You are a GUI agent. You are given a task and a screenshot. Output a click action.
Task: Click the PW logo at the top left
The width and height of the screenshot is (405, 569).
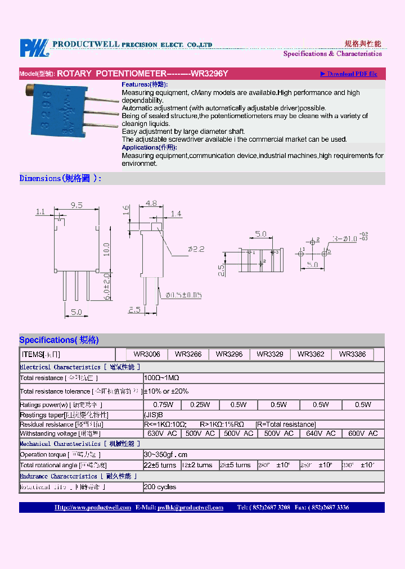coord(35,48)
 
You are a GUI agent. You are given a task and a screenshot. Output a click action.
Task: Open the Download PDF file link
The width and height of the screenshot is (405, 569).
coord(349,74)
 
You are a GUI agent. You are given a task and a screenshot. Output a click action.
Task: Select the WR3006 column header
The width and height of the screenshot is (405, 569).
coord(147,354)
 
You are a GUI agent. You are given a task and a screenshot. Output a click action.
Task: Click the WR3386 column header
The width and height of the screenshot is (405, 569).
coord(352,354)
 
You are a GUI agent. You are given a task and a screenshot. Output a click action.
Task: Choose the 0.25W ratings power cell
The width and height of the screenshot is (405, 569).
coord(200,404)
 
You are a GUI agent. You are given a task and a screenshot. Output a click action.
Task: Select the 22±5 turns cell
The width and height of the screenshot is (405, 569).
coord(161,465)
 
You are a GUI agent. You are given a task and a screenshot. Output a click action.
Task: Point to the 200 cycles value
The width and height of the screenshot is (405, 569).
coord(160,487)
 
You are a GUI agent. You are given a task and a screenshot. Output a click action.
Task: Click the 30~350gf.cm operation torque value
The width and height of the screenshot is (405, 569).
coord(165,454)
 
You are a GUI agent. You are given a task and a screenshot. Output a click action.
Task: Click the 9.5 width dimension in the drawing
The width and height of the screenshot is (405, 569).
coord(77,205)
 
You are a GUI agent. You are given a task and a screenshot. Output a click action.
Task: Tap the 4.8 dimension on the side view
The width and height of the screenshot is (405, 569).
coord(151,204)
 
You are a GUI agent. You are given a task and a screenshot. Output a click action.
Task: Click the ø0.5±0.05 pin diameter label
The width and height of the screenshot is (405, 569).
coord(183,295)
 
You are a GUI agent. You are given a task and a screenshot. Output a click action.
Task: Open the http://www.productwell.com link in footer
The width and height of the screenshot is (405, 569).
coord(93,507)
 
